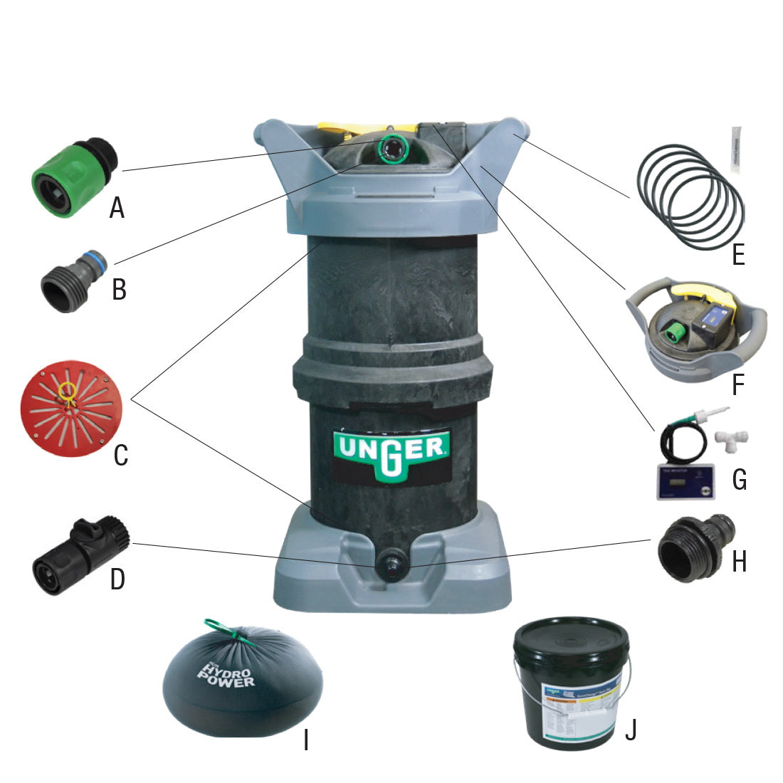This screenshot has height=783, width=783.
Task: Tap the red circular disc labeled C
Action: (x=70, y=409)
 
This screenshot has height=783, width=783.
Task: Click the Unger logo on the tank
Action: (x=391, y=453)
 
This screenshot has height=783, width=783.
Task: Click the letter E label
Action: (x=738, y=254)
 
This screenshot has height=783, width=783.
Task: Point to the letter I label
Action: (x=306, y=740)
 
